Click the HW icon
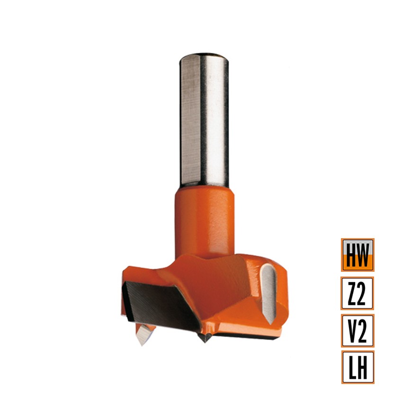[357, 255]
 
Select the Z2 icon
[357, 293]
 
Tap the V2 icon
[357, 331]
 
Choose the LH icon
[357, 367]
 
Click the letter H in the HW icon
[351, 255]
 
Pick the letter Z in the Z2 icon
[352, 293]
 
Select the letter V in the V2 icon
[352, 331]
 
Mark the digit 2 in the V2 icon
[363, 331]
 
